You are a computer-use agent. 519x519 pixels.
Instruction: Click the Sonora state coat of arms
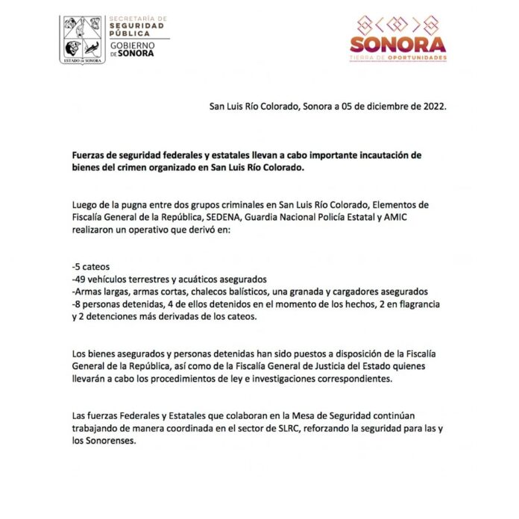point(83,40)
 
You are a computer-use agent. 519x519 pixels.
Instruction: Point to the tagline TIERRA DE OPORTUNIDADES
point(398,57)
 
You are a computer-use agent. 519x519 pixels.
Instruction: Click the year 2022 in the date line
point(432,106)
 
